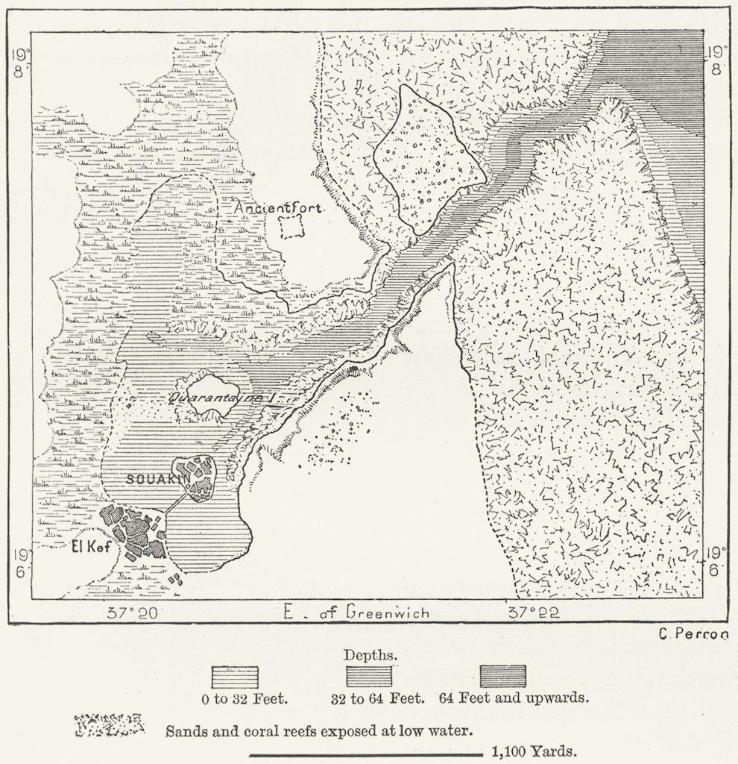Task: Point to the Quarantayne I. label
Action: pyautogui.click(x=223, y=398)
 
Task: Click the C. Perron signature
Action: pyautogui.click(x=693, y=634)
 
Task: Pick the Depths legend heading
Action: pyautogui.click(x=370, y=655)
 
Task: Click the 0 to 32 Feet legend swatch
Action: pyautogui.click(x=236, y=677)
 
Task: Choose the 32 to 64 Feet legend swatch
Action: pyautogui.click(x=369, y=677)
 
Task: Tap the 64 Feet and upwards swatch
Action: pyautogui.click(x=502, y=676)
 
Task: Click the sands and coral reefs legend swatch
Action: pyautogui.click(x=109, y=724)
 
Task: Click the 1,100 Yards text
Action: pyautogui.click(x=534, y=751)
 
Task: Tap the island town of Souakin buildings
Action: pyautogui.click(x=193, y=475)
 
